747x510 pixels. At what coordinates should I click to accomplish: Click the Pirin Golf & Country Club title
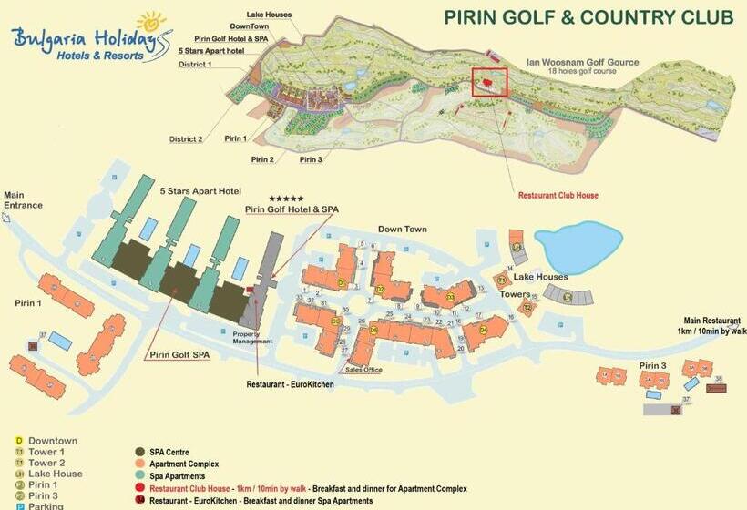588,17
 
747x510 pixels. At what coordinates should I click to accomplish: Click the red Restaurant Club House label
558,196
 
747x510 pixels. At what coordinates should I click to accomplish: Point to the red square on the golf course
489,82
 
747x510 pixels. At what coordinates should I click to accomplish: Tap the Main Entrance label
23,199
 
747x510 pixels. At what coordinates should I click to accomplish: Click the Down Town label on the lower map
402,229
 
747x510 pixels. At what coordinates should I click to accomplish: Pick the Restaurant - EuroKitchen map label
290,384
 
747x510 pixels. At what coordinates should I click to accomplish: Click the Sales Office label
363,370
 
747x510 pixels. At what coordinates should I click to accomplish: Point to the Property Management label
252,337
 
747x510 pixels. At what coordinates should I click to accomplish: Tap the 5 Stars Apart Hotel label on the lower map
200,191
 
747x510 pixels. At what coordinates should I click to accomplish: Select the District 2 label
186,139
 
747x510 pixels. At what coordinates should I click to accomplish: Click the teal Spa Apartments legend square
139,476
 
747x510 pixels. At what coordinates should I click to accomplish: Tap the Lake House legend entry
55,474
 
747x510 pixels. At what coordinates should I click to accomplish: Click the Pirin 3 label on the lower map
652,365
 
